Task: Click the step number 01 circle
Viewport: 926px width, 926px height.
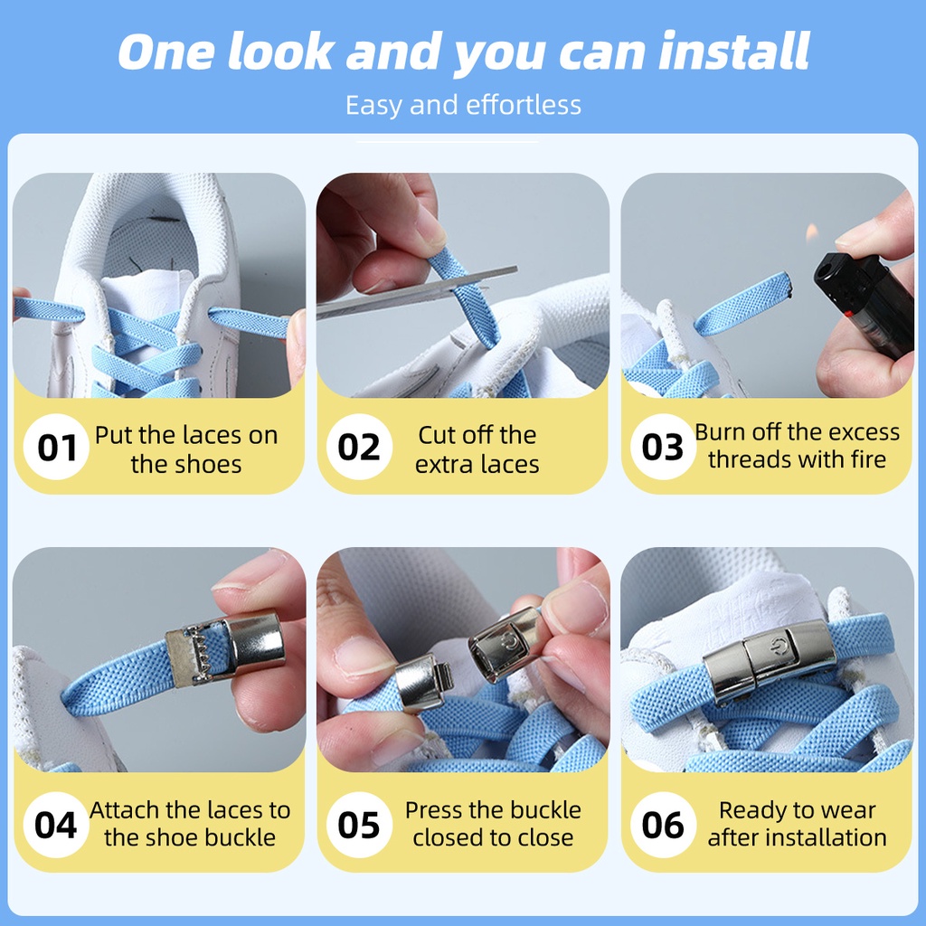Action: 56,447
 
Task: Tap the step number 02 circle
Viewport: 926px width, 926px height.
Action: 359,447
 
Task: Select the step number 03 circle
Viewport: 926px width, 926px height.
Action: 663,447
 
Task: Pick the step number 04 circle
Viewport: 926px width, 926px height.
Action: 56,825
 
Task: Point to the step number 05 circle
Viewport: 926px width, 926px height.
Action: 359,825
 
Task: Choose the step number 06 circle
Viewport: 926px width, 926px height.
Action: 663,825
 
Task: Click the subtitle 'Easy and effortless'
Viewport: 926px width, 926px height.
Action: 463,105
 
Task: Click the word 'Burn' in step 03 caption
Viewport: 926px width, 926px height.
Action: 717,432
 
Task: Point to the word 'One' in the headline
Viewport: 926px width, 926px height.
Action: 166,52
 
